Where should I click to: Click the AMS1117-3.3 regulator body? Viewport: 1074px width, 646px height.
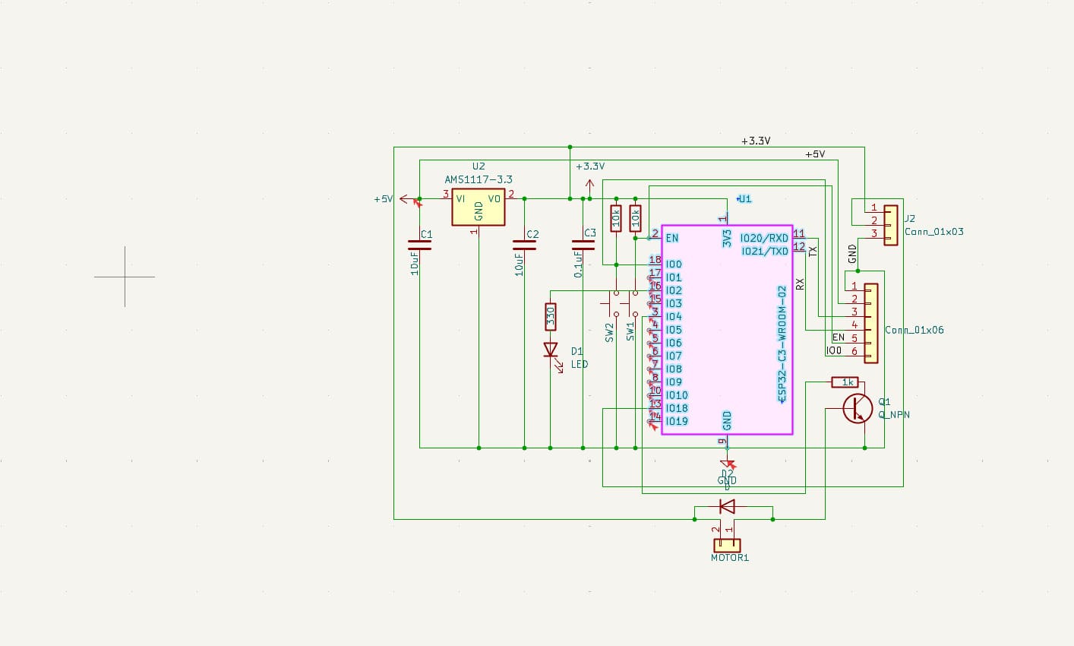[x=478, y=207]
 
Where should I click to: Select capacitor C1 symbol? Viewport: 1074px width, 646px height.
[x=419, y=245]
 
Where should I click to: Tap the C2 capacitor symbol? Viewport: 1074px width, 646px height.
[x=524, y=245]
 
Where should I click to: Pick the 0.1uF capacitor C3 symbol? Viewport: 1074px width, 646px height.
[x=583, y=245]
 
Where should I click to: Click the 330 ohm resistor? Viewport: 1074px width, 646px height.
[x=550, y=316]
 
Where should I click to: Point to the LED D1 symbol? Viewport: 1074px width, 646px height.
[x=551, y=350]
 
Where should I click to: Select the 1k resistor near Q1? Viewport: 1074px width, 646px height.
[x=845, y=382]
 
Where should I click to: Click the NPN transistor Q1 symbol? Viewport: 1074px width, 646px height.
[x=857, y=409]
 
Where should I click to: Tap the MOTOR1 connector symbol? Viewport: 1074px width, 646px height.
[x=727, y=545]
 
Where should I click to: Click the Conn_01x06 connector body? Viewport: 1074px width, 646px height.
[x=870, y=323]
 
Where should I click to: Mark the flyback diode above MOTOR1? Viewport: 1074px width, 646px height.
[x=727, y=505]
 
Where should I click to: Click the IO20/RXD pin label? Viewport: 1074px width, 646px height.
[x=764, y=238]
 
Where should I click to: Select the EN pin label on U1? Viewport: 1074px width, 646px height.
[x=672, y=238]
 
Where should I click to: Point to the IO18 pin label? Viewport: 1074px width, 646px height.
[x=677, y=408]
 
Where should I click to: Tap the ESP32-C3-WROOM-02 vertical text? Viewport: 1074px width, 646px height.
[x=782, y=344]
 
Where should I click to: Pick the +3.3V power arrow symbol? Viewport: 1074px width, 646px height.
[x=589, y=184]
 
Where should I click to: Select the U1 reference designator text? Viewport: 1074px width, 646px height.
[x=744, y=198]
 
